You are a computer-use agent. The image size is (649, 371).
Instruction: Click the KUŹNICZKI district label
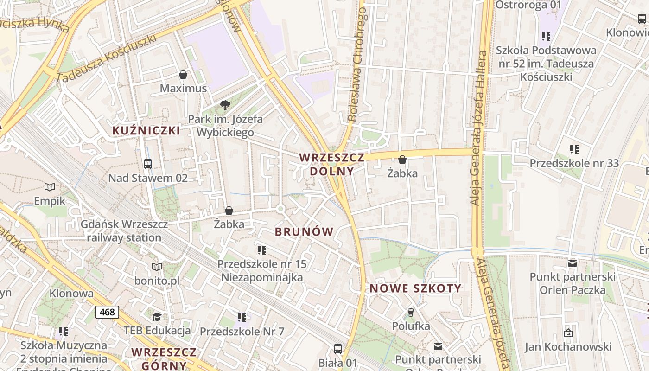point(146,130)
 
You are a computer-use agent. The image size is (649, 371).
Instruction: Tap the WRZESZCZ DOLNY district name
point(331,164)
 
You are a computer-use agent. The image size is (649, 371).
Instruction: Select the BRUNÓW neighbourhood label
point(304,232)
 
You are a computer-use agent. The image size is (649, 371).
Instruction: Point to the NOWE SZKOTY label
point(415,288)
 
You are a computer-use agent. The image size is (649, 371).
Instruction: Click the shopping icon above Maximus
point(183,75)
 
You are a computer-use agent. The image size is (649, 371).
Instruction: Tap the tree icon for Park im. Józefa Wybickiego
point(225,105)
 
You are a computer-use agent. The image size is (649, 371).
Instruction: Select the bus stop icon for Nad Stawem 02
point(148,164)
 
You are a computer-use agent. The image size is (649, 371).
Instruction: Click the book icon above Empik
point(50,187)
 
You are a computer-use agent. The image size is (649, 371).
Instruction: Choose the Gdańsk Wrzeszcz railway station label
point(124,231)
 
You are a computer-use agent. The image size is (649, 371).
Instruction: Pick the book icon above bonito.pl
point(157,267)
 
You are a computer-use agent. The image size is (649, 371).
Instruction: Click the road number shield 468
point(107,312)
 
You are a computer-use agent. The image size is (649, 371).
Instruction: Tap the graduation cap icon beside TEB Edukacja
point(157,317)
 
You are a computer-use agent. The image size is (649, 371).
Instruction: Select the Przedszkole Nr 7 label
point(242,332)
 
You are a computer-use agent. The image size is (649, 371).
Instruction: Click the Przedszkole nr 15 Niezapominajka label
point(262,271)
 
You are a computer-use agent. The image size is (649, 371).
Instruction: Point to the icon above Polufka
point(410,312)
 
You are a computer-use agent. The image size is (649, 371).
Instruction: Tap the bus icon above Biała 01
point(338,349)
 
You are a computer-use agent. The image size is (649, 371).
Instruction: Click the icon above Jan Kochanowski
point(568,333)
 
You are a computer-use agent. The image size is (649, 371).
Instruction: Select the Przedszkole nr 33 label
point(574,163)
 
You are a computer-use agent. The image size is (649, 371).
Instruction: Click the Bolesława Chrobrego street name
point(357,65)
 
